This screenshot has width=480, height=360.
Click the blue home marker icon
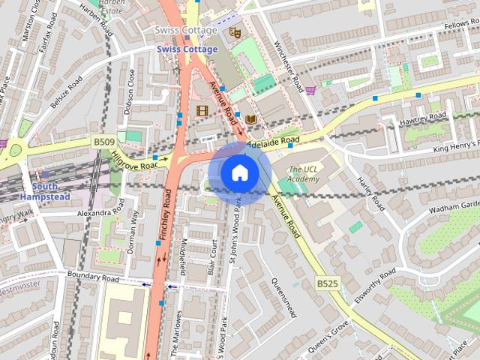[239, 172]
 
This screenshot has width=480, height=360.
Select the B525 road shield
[327, 283]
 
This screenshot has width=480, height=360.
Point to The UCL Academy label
[304, 175]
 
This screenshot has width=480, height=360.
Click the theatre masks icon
[234, 32]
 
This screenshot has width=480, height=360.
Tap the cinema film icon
[201, 110]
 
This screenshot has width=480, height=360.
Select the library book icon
[250, 118]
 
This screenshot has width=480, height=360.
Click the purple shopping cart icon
[310, 90]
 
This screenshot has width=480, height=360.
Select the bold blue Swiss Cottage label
[187, 49]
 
